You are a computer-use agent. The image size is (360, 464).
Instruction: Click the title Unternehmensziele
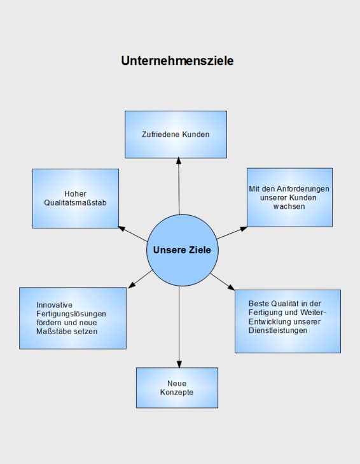(177, 61)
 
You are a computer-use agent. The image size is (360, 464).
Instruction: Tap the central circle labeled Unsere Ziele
(183, 250)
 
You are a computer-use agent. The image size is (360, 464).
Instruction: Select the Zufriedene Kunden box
(176, 135)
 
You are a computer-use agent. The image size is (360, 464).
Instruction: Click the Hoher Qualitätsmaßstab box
(76, 199)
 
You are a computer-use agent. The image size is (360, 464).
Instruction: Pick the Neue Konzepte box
(177, 388)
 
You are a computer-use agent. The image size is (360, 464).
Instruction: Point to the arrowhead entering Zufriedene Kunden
(178, 160)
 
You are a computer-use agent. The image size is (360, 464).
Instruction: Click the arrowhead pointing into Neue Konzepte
(179, 364)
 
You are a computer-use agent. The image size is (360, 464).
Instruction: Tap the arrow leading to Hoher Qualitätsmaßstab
(133, 234)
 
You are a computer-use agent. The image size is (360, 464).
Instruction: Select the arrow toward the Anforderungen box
(232, 233)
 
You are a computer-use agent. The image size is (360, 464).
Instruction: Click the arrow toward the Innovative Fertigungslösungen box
(140, 279)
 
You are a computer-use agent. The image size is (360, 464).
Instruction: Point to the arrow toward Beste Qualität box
(223, 282)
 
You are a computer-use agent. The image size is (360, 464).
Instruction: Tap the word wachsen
(289, 207)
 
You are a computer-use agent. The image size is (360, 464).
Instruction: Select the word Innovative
(55, 305)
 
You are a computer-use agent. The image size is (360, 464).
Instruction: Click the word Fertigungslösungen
(71, 314)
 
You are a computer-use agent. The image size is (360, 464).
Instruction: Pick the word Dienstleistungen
(278, 330)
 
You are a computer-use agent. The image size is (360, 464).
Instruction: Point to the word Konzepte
(177, 392)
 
